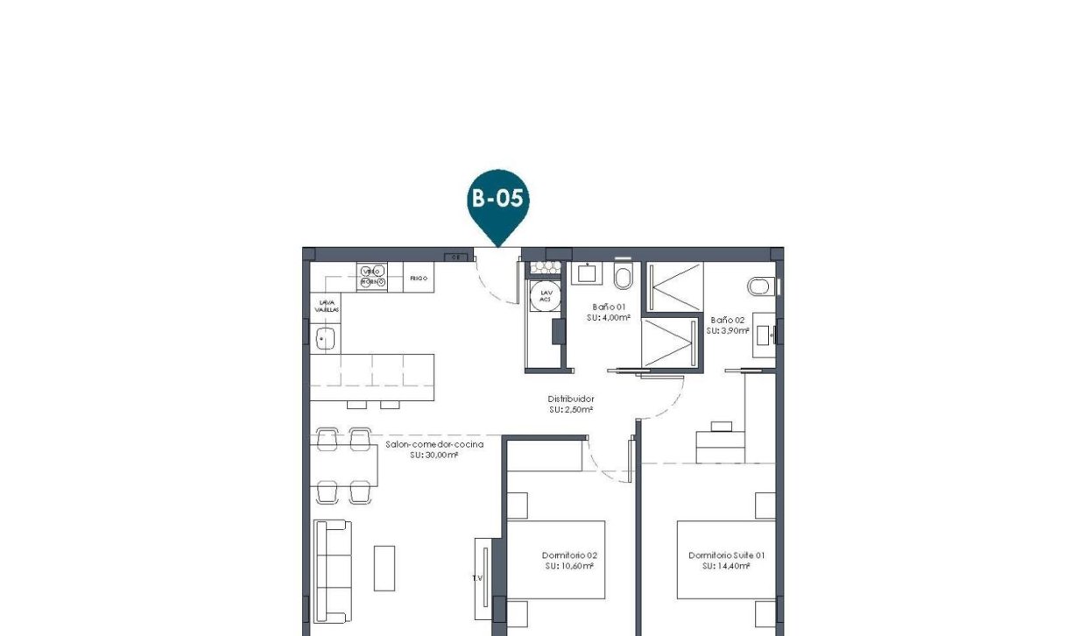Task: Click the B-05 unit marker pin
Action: coord(497,200)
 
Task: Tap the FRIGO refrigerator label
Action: coord(418,278)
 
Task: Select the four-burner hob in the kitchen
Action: coord(371,277)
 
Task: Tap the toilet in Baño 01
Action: coord(623,276)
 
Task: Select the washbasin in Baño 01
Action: coord(584,273)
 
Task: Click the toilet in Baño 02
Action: coord(759,286)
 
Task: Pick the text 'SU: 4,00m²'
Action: coord(609,318)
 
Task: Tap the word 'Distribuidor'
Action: coord(571,399)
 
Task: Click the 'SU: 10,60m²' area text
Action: coord(568,566)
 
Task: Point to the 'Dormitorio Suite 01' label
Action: coord(727,555)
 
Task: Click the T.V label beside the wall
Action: coord(477,578)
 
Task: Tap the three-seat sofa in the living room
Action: coord(333,571)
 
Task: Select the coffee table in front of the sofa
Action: coord(384,568)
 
